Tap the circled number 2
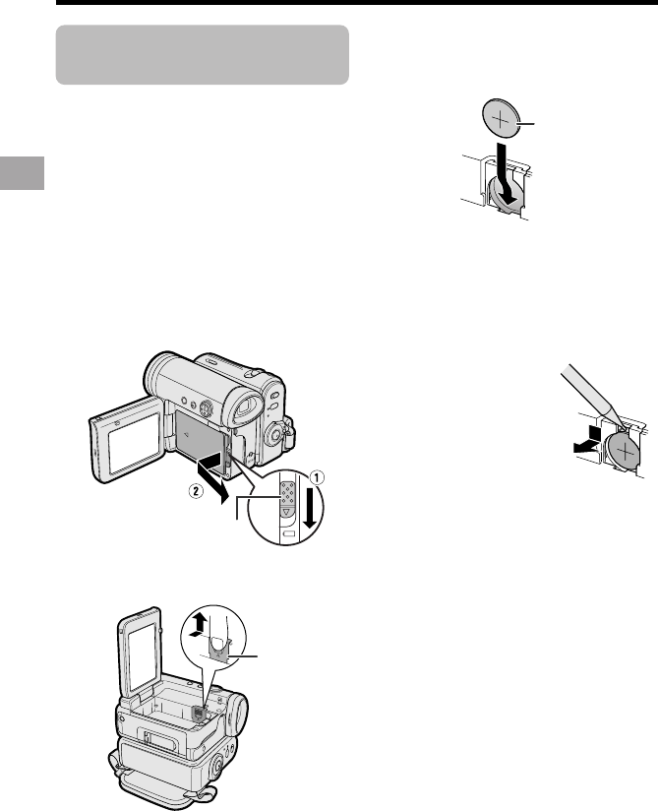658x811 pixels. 195,492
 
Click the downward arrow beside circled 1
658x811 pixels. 310,506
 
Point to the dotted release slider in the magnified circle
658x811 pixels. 287,495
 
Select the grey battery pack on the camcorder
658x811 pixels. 200,434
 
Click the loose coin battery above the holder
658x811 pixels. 501,118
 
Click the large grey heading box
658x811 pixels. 202,54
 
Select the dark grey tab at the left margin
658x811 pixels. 23,173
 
